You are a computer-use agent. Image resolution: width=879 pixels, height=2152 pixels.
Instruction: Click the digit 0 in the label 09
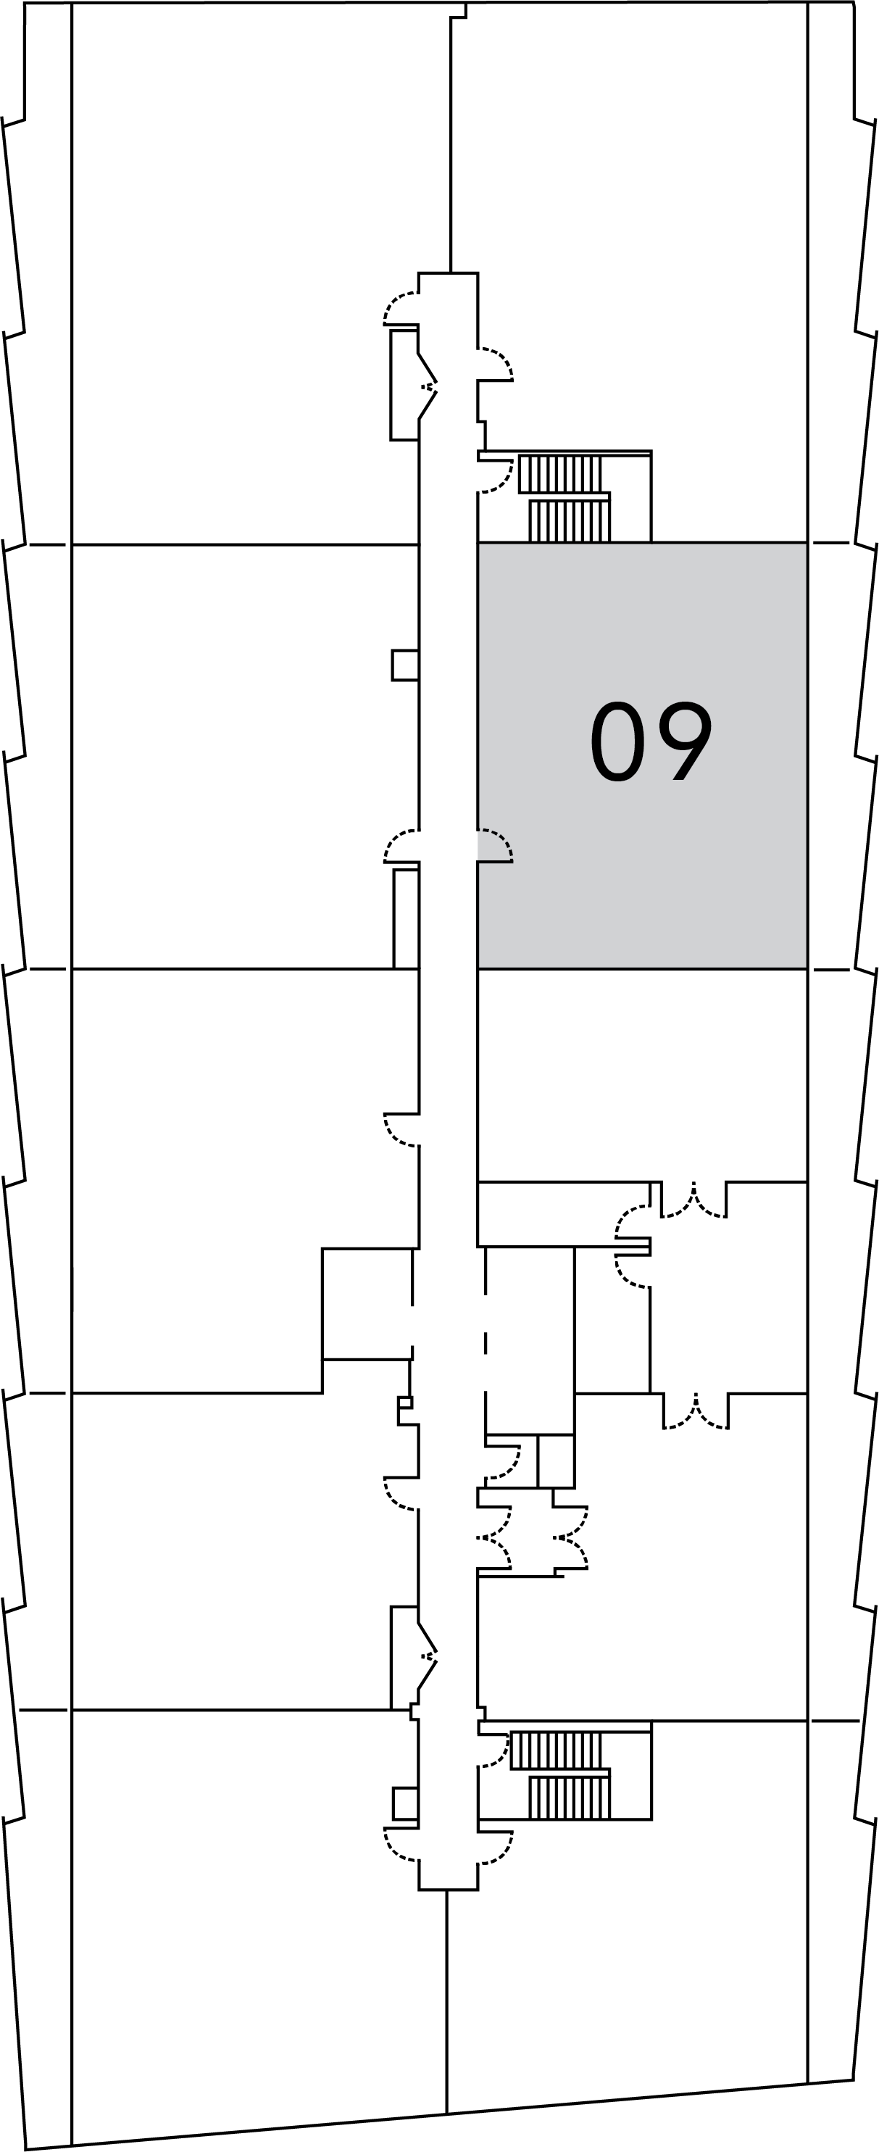617,741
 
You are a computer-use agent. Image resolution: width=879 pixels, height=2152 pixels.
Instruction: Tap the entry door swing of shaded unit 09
496,844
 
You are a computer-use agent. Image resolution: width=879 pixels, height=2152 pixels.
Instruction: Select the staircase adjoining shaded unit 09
565,498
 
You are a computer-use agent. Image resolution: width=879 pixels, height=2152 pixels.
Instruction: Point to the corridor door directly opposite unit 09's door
401,845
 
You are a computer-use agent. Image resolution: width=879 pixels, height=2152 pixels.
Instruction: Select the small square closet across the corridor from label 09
405,665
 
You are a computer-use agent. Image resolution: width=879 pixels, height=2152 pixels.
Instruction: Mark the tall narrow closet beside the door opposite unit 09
406,918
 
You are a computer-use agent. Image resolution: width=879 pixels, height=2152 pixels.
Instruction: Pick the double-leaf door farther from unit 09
696,1413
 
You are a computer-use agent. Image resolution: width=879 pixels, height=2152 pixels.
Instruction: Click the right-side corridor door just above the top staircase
496,363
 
